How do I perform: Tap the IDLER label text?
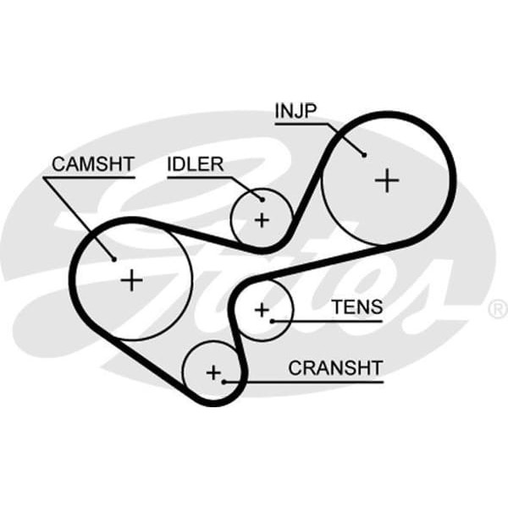coord(195,164)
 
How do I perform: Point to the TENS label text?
coord(356,307)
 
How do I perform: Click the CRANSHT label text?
coord(335,368)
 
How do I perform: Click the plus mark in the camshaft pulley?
coord(131,279)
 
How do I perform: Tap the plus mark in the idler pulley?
coord(262,220)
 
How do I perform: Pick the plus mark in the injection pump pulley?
coord(387,179)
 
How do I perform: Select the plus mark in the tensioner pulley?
coord(262,309)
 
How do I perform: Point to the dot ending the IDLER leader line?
coord(262,200)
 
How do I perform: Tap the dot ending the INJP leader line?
coord(364,154)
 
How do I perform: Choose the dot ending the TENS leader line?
coord(273,321)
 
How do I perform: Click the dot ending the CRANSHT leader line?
coord(224,382)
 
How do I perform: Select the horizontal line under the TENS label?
coord(330,321)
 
